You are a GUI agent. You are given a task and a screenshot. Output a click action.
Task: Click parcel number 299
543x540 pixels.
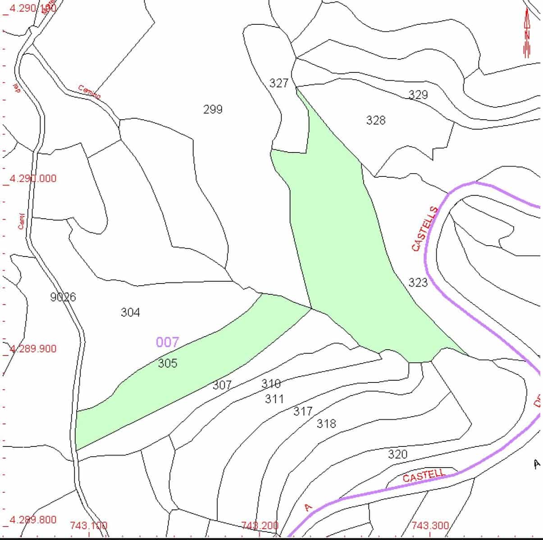(213, 109)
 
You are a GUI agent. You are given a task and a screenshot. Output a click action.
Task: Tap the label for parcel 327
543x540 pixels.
(278, 83)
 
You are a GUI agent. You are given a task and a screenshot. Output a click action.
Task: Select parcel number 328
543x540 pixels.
(376, 120)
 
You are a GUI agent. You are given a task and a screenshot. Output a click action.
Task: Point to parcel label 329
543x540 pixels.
(418, 94)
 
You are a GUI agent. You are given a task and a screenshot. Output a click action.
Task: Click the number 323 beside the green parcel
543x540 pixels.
(418, 283)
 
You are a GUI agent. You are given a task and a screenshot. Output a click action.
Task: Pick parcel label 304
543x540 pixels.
(130, 312)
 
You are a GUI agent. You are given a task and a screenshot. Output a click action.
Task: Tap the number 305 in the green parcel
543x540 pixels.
(168, 363)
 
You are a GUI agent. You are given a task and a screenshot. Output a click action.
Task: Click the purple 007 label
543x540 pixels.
(167, 342)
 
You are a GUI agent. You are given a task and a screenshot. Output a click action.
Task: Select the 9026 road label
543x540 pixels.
(63, 297)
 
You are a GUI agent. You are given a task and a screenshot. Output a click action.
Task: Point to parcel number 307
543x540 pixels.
(222, 385)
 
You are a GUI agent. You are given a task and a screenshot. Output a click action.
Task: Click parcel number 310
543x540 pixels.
(271, 383)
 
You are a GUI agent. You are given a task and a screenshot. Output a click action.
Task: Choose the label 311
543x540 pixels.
(274, 399)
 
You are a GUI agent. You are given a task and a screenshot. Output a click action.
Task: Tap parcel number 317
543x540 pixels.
(303, 411)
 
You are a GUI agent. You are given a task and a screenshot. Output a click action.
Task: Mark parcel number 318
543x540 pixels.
(326, 423)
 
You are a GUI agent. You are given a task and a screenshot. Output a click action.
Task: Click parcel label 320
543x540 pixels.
(397, 454)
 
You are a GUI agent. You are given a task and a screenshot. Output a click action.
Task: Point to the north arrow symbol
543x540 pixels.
(527, 34)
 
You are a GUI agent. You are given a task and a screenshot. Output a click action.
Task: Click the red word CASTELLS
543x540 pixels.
(424, 229)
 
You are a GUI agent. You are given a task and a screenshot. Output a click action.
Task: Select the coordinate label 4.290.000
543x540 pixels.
(33, 179)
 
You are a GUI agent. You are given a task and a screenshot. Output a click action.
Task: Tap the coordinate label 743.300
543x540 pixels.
(430, 525)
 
